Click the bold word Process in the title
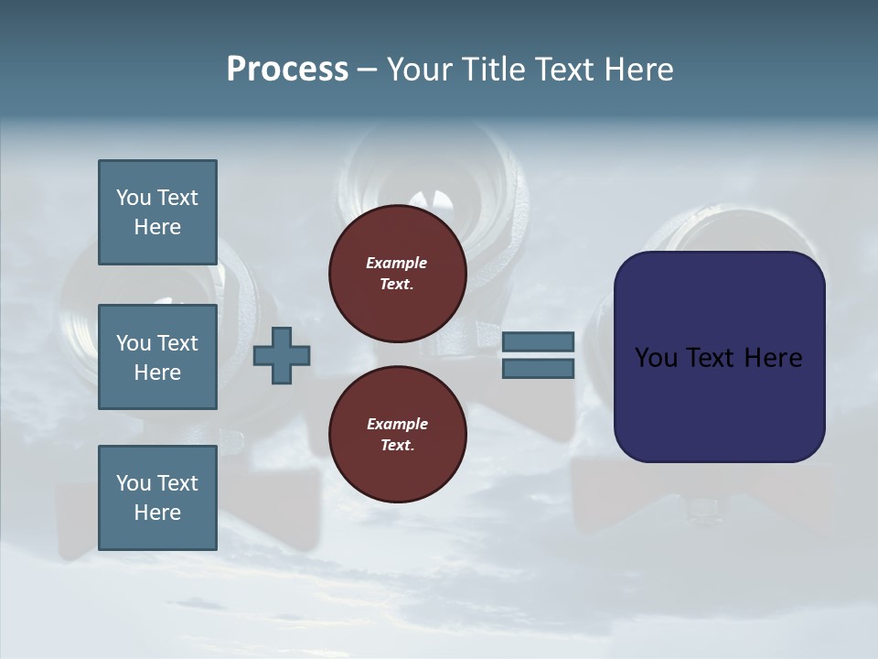pyautogui.click(x=287, y=70)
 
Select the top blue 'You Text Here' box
pyautogui.click(x=157, y=212)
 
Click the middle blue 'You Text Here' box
pyautogui.click(x=157, y=357)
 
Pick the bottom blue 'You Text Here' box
pyautogui.click(x=157, y=498)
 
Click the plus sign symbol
pyautogui.click(x=282, y=356)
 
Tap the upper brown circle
pyautogui.click(x=397, y=274)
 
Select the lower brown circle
pyautogui.click(x=397, y=435)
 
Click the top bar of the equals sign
pyautogui.click(x=538, y=342)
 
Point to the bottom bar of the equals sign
pyautogui.click(x=538, y=369)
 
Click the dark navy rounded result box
pyautogui.click(x=719, y=403)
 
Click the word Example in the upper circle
pyautogui.click(x=396, y=263)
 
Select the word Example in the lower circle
pyautogui.click(x=397, y=424)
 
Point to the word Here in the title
pyautogui.click(x=639, y=70)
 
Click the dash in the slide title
pyautogui.click(x=367, y=70)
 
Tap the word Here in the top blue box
pyautogui.click(x=157, y=227)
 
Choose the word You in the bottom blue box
pyautogui.click(x=134, y=483)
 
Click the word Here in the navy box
pyautogui.click(x=773, y=358)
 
